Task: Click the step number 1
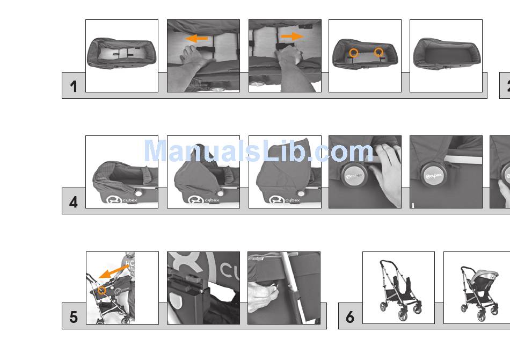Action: click(74, 87)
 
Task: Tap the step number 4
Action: click(74, 202)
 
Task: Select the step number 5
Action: click(74, 317)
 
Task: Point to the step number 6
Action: click(350, 317)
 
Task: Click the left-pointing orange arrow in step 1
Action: click(196, 39)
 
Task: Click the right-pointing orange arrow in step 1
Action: click(292, 37)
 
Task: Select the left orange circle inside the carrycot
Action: click(354, 53)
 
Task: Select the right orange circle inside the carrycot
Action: click(378, 52)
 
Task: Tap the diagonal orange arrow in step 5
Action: click(113, 272)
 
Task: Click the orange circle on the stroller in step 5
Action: click(102, 290)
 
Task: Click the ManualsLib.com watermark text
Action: click(258, 151)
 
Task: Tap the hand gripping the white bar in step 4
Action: click(388, 172)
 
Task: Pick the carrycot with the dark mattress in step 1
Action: click(447, 54)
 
